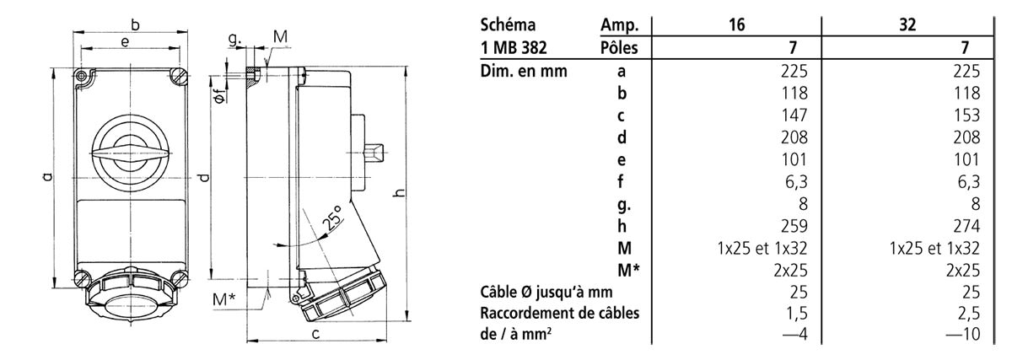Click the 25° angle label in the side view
click(331, 218)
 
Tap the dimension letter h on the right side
click(399, 193)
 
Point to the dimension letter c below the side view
click(314, 335)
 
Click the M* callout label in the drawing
click(224, 300)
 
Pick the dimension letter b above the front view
click(136, 25)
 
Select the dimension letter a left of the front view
click(47, 176)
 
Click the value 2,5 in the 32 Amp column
click(970, 314)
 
